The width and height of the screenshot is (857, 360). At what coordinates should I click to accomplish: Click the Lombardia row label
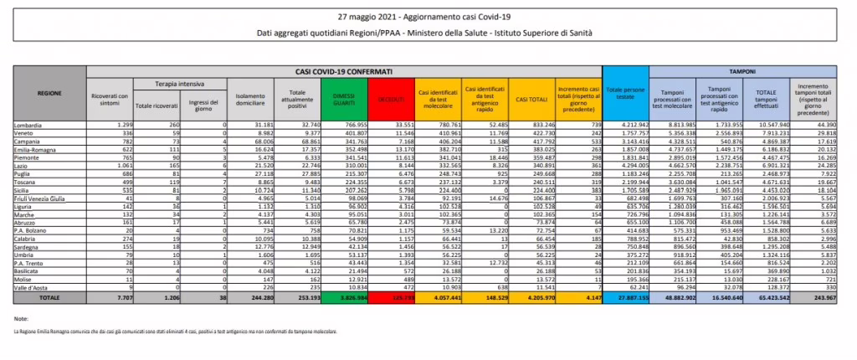click(30, 124)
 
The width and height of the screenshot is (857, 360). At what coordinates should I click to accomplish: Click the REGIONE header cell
click(49, 93)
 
